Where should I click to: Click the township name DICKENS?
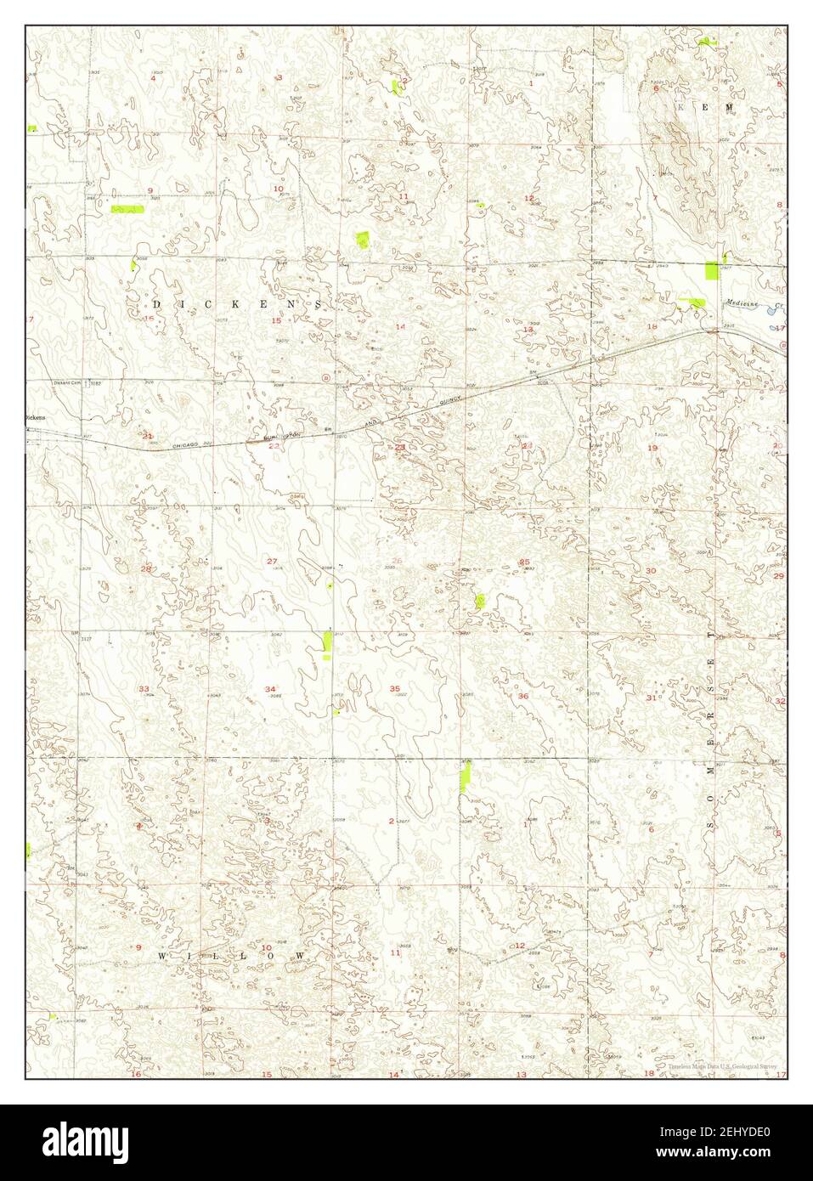click(x=237, y=303)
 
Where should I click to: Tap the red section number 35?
click(x=394, y=688)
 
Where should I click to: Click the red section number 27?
click(x=272, y=561)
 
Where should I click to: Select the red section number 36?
click(x=522, y=697)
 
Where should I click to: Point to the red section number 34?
click(x=270, y=688)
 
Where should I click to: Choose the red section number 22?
click(x=274, y=445)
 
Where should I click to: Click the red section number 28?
click(x=146, y=568)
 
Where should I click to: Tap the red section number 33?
click(x=144, y=688)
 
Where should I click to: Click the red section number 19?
click(x=652, y=447)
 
